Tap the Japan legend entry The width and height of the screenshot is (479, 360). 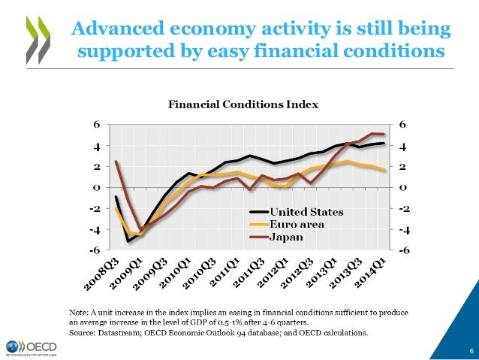[286, 237]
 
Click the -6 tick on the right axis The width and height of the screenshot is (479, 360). [404, 250]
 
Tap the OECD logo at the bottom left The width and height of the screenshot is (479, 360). [34, 346]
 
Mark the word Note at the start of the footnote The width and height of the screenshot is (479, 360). [78, 310]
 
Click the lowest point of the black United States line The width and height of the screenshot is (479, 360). [128, 241]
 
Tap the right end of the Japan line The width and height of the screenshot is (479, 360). [384, 135]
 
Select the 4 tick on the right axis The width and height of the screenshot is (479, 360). [404, 145]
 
